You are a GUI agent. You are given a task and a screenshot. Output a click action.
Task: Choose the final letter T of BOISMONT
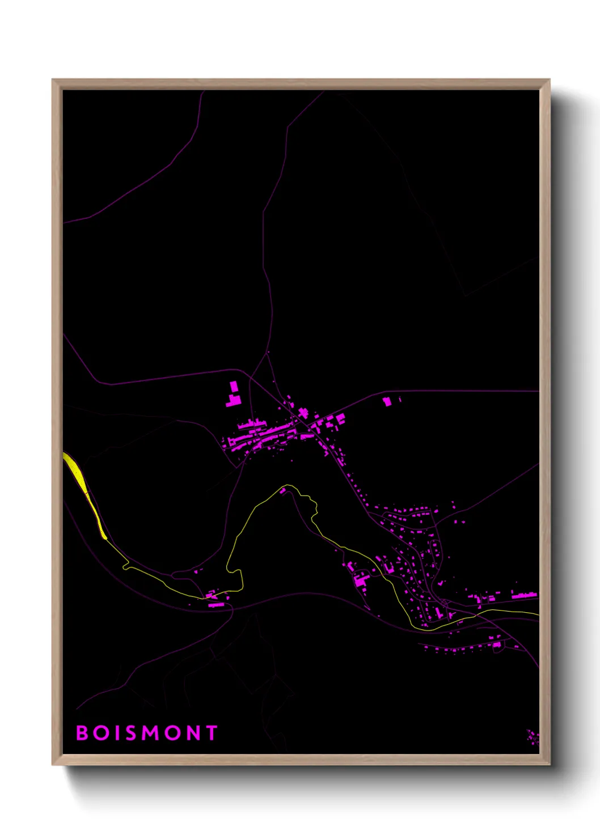tap(212, 733)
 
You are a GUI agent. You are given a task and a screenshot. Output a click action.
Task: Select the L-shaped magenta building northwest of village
tap(234, 401)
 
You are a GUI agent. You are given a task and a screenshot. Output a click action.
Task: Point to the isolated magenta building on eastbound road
tap(387, 401)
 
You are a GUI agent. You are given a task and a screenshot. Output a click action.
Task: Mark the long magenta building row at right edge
tap(524, 595)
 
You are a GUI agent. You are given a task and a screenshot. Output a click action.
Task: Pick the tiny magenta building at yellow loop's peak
tap(283, 490)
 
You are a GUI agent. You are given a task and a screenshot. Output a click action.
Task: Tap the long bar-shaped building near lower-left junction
tap(216, 605)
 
